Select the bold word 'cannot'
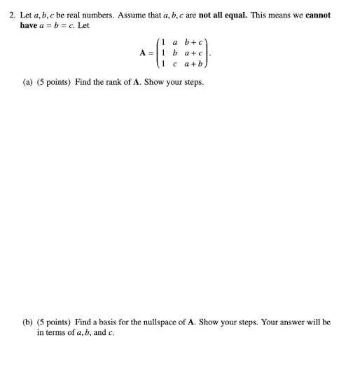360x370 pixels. tap(317, 14)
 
